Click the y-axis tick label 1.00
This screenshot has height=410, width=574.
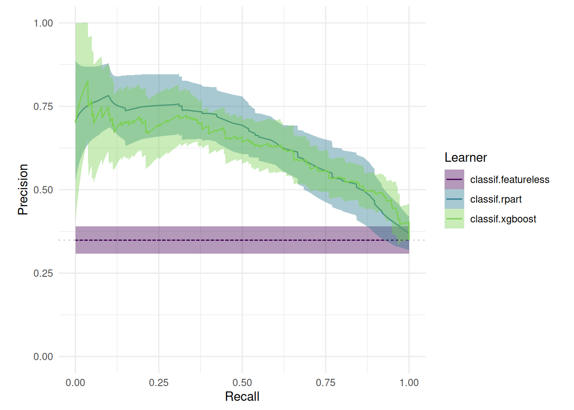coord(43,23)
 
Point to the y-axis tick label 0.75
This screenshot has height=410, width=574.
coord(43,106)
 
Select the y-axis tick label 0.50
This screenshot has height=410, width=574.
coord(43,190)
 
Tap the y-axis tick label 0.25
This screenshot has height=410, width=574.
coord(43,273)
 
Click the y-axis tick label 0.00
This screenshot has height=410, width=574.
coord(43,357)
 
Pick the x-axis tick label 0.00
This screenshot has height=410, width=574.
coord(75,383)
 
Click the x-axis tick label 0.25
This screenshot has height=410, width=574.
coord(159,383)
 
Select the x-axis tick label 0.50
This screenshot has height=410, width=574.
coord(242,383)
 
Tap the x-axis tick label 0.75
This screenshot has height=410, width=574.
coord(325,383)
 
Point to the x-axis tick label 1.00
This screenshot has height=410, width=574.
coord(409,383)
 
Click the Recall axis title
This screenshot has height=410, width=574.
coord(242,397)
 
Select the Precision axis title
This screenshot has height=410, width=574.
coord(23,190)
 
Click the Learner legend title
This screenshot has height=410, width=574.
coord(466,158)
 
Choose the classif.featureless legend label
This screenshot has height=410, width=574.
coord(510,180)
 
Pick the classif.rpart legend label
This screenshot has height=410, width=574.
coord(496,199)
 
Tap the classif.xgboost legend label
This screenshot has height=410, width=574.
coord(503,219)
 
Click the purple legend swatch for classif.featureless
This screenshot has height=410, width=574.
coord(454,179)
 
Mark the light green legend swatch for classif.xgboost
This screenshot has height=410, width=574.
coord(454,219)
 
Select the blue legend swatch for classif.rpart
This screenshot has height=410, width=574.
coord(454,199)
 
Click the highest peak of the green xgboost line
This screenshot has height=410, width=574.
coord(88,81)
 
